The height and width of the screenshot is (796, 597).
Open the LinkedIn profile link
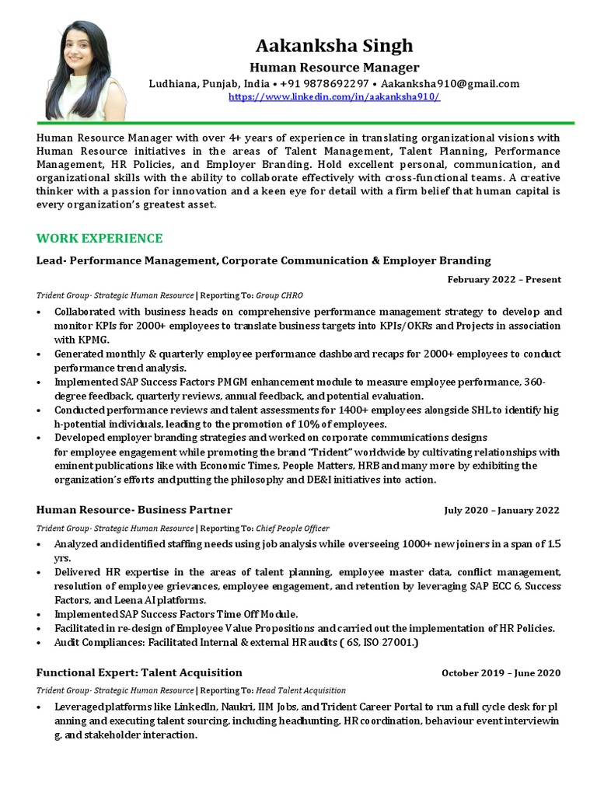(x=333, y=96)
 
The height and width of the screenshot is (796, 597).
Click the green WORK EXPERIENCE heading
(x=99, y=238)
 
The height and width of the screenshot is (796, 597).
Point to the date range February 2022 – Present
(x=504, y=280)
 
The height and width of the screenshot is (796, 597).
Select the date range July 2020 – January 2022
(x=501, y=511)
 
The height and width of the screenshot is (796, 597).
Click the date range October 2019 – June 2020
(x=501, y=673)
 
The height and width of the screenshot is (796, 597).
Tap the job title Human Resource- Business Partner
(x=134, y=510)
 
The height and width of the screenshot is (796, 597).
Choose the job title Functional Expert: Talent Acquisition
(x=139, y=672)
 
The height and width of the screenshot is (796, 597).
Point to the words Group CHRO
(x=279, y=295)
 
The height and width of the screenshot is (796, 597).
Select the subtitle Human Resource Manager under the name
(x=333, y=68)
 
